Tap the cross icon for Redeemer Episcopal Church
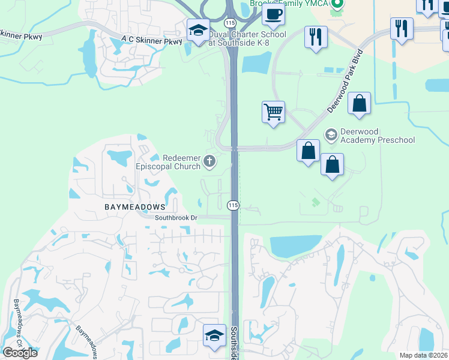[209, 161]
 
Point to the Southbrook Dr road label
[176, 218]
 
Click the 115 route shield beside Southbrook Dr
[234, 205]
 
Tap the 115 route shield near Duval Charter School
[229, 22]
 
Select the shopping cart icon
[273, 111]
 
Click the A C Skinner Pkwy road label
[151, 41]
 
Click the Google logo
[20, 353]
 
